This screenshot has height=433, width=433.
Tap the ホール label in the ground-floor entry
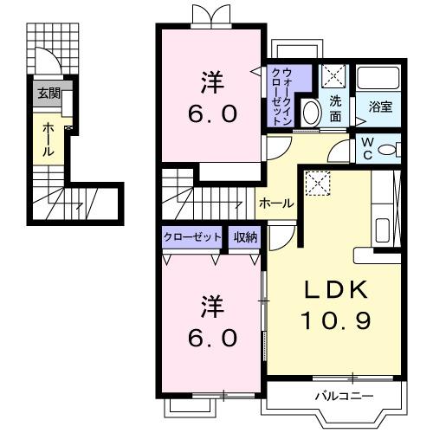click(x=47, y=138)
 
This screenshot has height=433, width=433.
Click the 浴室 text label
click(x=379, y=108)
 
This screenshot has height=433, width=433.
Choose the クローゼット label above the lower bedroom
click(x=191, y=237)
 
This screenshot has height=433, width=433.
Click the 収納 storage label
click(x=245, y=237)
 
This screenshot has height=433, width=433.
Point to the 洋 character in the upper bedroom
click(x=211, y=83)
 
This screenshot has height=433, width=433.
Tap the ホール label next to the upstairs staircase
click(x=276, y=203)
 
